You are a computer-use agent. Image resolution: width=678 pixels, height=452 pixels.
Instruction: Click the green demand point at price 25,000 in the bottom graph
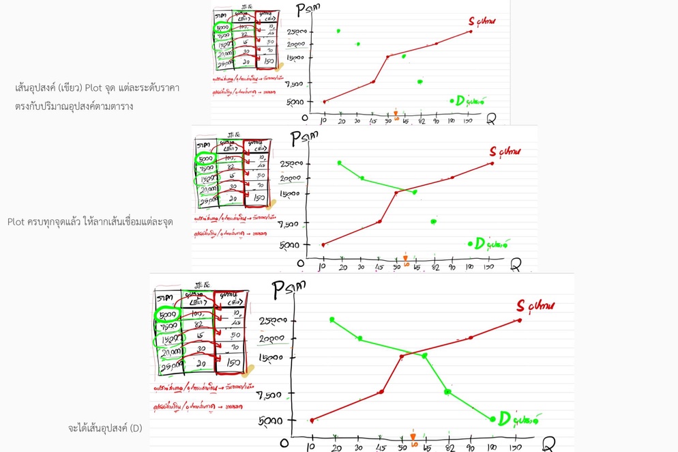[331, 320]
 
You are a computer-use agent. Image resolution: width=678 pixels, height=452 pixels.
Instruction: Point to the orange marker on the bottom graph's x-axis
[413, 436]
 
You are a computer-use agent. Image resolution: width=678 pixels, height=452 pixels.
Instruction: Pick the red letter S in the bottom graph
[521, 305]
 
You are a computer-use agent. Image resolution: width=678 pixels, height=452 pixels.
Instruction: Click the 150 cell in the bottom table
[232, 363]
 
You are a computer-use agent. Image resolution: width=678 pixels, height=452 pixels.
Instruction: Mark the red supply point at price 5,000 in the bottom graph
[312, 421]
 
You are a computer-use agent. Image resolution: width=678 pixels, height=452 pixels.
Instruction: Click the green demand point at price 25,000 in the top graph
[338, 31]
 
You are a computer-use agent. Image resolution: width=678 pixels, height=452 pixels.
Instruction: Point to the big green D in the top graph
[460, 101]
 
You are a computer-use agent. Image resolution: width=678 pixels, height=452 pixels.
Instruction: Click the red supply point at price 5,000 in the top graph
[324, 102]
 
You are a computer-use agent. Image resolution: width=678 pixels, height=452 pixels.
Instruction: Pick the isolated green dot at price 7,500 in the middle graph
[433, 221]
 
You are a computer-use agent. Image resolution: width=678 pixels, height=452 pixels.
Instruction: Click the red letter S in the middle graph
[493, 151]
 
